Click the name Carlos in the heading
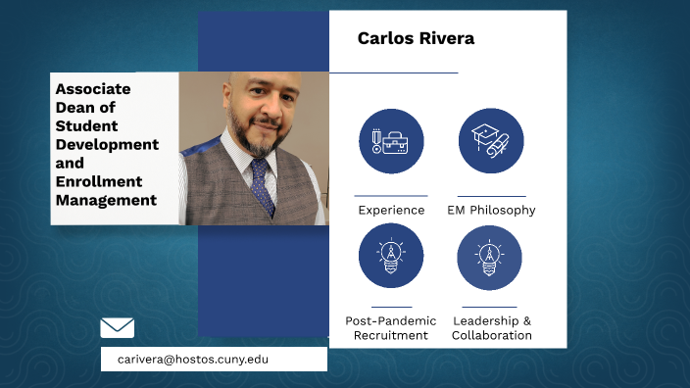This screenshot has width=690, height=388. coord(384,38)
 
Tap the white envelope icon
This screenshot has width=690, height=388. coord(118,327)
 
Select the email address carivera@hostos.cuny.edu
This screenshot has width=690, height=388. coord(193,360)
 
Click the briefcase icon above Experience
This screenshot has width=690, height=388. coord(391,141)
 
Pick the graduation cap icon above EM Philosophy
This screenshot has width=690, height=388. coord(491,141)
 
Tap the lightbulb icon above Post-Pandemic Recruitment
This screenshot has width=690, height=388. coord(391,256)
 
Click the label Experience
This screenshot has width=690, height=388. coord(391,210)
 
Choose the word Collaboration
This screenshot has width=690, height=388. coord(492,335)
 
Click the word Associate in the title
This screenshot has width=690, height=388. coord(93,88)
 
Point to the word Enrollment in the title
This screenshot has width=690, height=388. coord(99,181)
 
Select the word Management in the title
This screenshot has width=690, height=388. coord(106,200)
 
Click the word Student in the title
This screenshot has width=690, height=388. coord(86,125)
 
